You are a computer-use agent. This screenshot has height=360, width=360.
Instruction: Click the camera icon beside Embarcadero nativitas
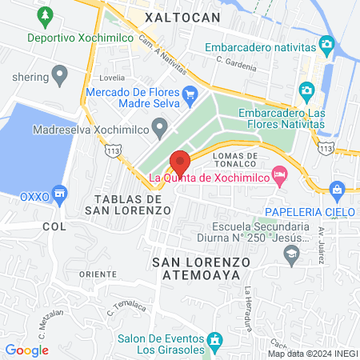(326, 43)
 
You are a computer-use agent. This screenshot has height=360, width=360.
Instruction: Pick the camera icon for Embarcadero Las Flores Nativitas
(305, 90)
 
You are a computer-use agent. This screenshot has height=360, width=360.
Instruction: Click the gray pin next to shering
(58, 75)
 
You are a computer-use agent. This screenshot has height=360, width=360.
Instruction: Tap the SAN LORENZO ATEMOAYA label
(201, 269)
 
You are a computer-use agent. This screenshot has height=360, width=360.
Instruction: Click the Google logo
(26, 350)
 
